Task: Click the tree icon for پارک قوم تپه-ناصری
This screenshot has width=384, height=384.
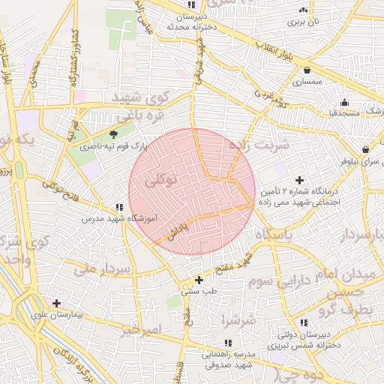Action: (x=114, y=135)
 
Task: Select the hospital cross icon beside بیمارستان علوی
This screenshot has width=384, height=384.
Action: (x=56, y=304)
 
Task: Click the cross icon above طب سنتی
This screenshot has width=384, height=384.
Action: (x=198, y=280)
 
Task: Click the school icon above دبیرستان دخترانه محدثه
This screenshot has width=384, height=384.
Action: (x=189, y=6)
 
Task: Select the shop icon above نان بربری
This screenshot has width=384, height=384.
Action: (x=303, y=10)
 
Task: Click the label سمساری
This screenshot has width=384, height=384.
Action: (x=307, y=79)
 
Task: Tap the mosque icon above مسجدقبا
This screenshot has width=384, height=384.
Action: (x=343, y=102)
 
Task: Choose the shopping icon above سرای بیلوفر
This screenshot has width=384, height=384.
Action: (x=365, y=149)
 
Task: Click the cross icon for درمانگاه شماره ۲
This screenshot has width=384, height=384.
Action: (x=300, y=180)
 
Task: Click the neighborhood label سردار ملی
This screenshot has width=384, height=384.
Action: (x=109, y=268)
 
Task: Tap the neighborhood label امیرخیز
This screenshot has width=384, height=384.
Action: (x=142, y=330)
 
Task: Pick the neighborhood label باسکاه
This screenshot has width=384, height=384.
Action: (x=273, y=235)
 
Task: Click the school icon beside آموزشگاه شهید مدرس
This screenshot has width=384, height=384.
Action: (x=119, y=207)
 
